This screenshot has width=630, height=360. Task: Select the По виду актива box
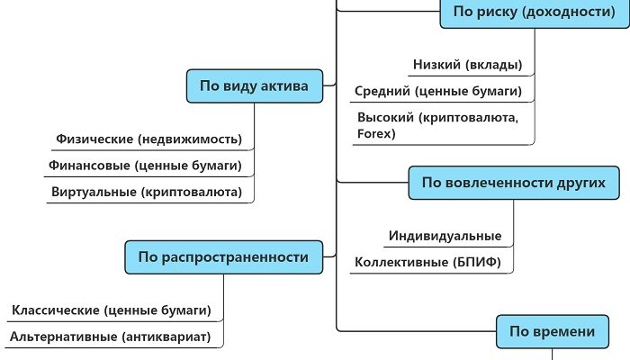click(x=254, y=86)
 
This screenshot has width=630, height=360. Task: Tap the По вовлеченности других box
click(x=515, y=183)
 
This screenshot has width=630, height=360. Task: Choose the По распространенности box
click(x=222, y=257)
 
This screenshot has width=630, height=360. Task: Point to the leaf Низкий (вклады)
click(x=467, y=65)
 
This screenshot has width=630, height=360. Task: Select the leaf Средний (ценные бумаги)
click(x=437, y=91)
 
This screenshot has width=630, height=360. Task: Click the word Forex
click(x=376, y=133)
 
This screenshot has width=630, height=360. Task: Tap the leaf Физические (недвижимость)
click(x=148, y=139)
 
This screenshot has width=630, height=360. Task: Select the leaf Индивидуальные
click(x=445, y=236)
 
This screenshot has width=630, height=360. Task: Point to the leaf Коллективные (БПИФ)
click(x=434, y=263)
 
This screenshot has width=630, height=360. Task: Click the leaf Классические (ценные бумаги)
click(x=111, y=310)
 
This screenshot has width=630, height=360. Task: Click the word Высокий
click(x=385, y=118)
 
